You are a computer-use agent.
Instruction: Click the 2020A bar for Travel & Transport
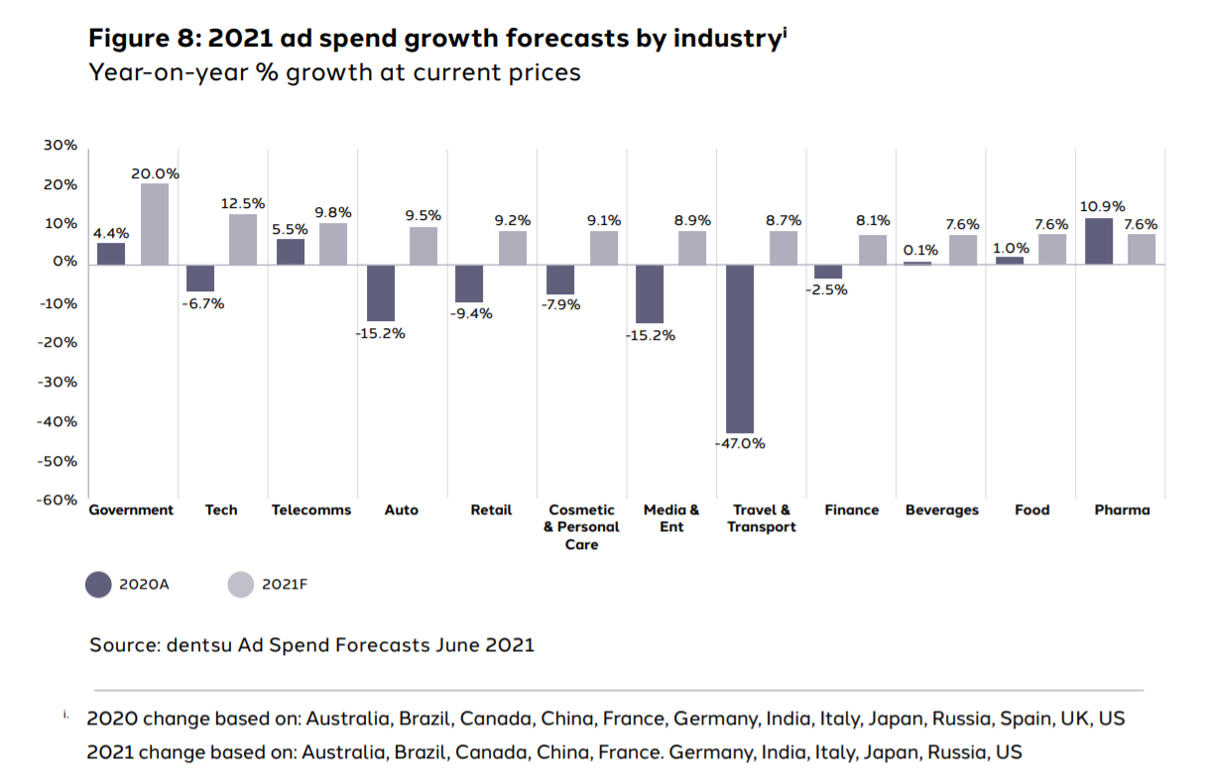(x=740, y=348)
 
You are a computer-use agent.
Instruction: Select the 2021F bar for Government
(x=155, y=224)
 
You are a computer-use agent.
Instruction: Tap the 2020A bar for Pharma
(x=1099, y=241)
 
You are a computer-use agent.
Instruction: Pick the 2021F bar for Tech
(x=243, y=239)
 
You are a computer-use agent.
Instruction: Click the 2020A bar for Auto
(x=381, y=292)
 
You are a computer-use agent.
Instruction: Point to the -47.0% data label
(x=740, y=443)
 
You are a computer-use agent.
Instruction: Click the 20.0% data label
(x=155, y=173)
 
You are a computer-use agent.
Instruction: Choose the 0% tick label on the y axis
(x=65, y=263)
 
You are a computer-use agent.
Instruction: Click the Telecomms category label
(x=311, y=510)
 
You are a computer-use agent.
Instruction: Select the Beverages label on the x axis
(x=941, y=510)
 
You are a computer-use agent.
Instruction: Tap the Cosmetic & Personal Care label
(x=581, y=527)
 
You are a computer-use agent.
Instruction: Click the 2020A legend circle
(x=99, y=585)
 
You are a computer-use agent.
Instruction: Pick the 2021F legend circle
(x=242, y=585)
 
